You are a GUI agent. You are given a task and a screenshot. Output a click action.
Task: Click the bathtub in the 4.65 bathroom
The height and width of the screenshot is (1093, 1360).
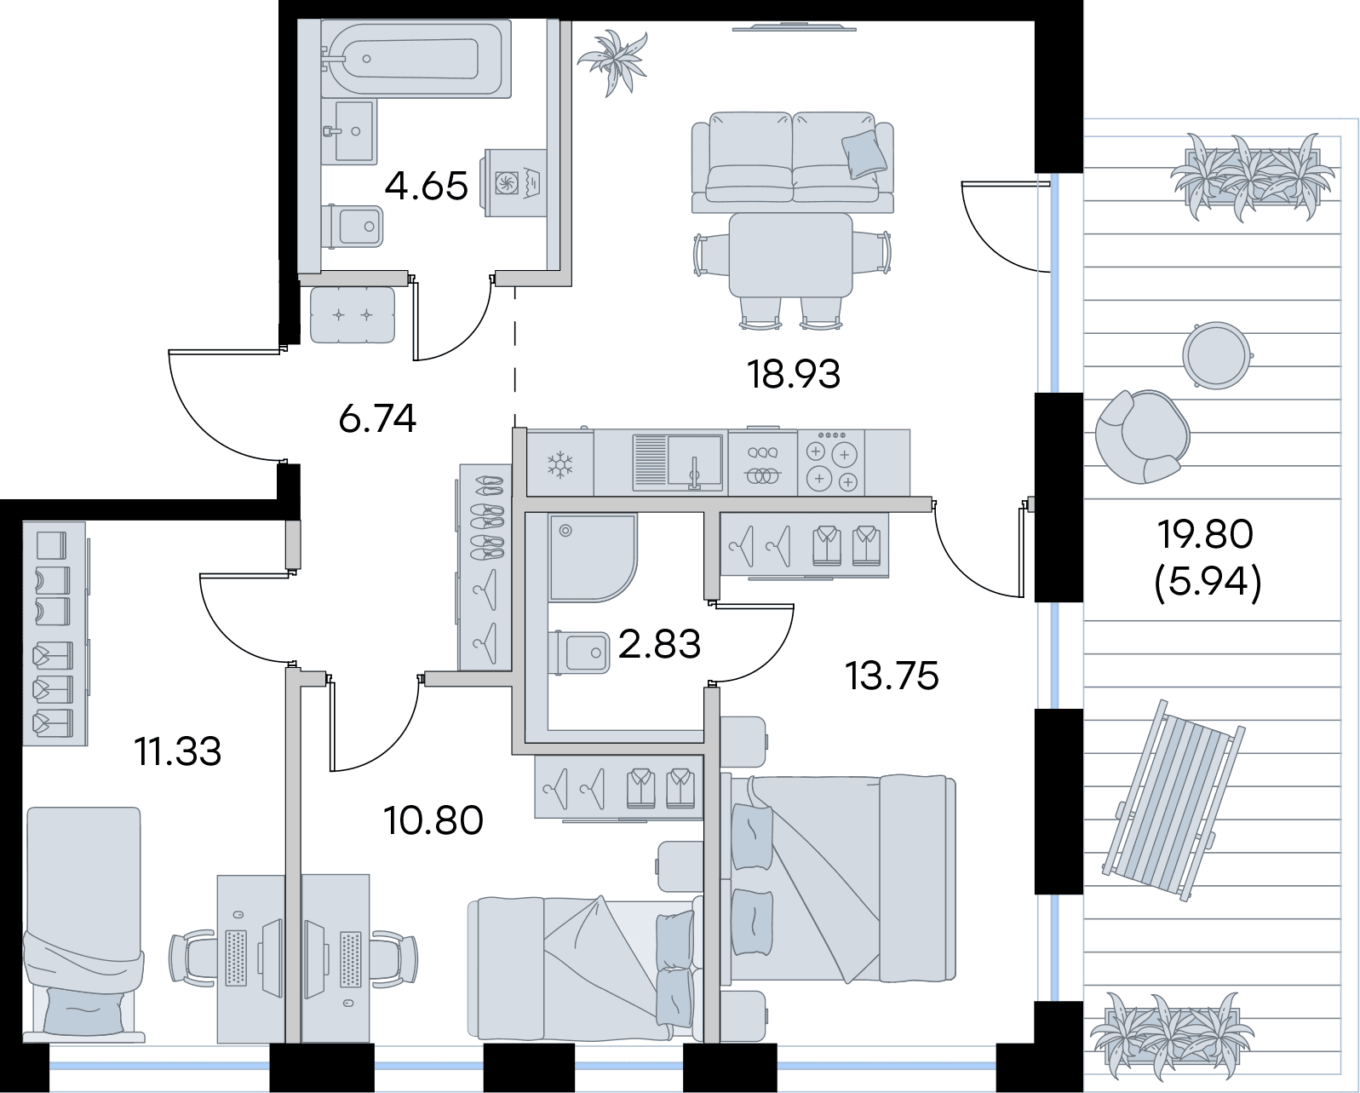416,59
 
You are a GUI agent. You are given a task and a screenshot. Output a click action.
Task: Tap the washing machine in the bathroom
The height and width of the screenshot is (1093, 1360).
514,182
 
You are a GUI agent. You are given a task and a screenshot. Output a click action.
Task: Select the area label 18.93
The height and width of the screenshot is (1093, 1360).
793,374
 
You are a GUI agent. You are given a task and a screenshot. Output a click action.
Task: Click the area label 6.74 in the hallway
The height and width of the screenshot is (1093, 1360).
377,418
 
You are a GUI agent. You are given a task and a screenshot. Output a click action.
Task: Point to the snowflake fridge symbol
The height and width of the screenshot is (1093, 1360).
560,464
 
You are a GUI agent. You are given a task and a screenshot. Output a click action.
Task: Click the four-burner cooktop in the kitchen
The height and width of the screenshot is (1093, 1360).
831,462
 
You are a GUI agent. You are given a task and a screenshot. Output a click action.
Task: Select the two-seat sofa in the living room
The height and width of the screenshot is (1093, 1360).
793,162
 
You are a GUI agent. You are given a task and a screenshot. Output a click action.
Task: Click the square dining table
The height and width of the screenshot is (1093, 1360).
790,255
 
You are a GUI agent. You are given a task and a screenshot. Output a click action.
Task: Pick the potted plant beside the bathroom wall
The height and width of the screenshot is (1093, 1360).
613,62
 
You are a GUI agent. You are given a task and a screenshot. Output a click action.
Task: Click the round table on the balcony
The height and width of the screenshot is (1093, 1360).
1217,355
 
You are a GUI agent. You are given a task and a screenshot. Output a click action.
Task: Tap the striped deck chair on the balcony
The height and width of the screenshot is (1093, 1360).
1173,800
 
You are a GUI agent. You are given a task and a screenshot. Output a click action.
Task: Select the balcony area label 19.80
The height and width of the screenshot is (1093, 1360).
1204,533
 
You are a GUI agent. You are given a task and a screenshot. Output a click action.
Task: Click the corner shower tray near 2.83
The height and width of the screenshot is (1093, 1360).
593,557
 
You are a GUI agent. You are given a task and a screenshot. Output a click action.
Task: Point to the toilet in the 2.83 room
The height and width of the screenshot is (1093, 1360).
579,653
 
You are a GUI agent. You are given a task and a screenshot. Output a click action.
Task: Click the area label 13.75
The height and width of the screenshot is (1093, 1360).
892,676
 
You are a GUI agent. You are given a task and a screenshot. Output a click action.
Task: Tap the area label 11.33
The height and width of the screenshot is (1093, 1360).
178,751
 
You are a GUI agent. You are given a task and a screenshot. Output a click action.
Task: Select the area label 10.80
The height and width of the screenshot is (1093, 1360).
433,820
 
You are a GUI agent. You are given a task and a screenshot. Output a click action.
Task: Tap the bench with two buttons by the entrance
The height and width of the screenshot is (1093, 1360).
353,314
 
